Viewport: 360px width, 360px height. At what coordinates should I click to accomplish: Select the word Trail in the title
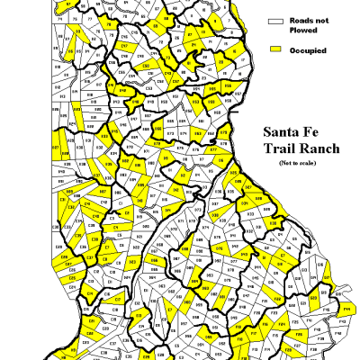point(276,148)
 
